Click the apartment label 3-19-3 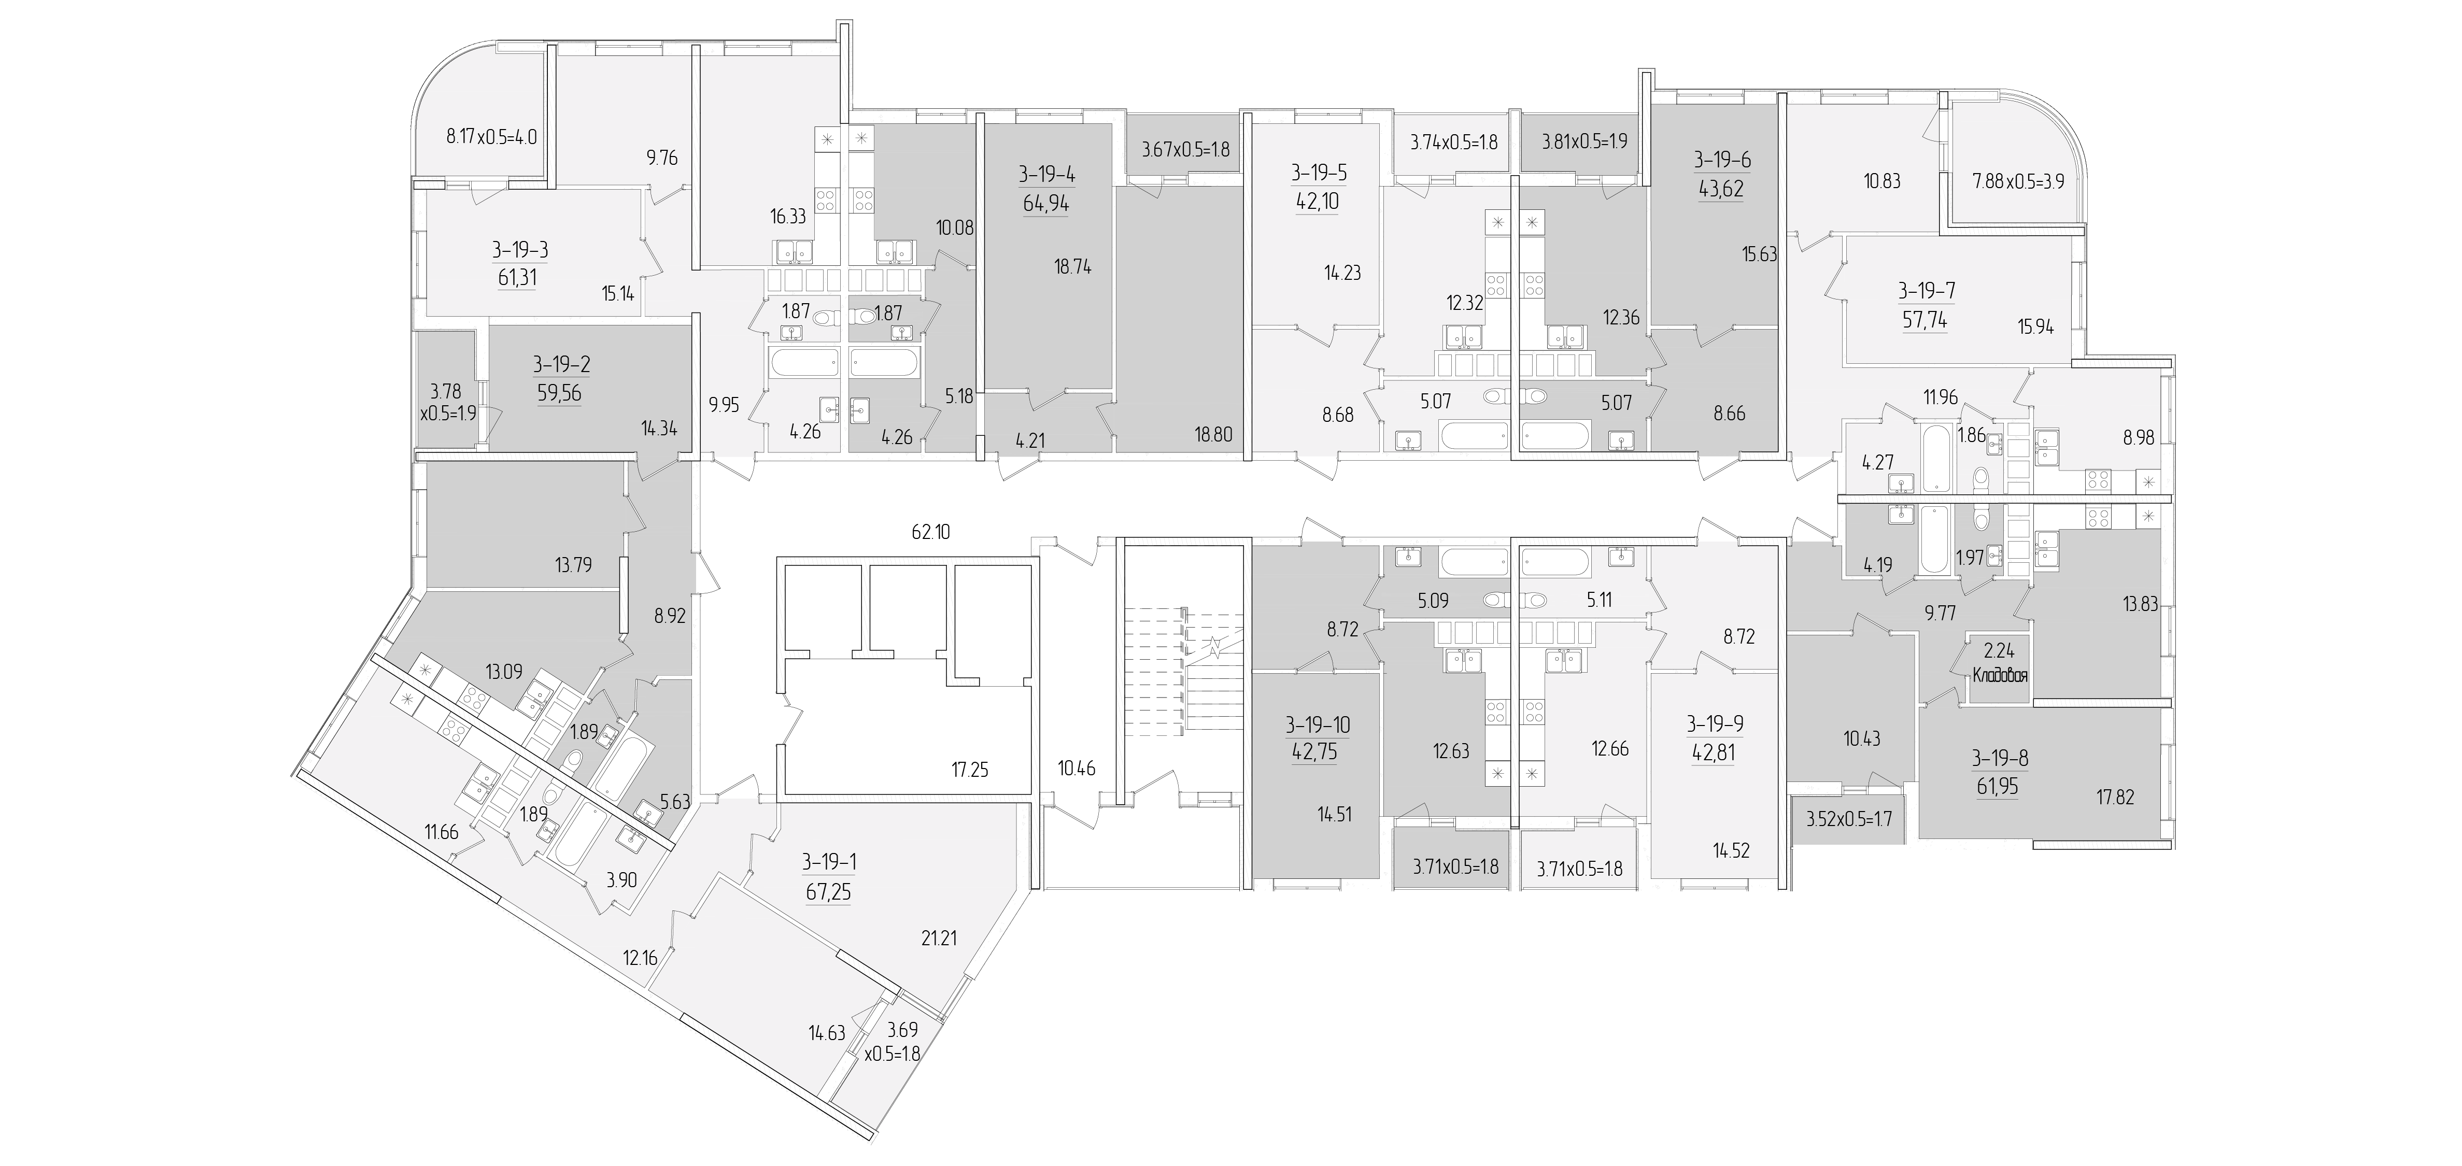[520, 250]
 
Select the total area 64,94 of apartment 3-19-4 [1045, 204]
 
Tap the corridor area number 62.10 [931, 532]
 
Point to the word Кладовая [2000, 674]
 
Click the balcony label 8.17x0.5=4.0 [492, 137]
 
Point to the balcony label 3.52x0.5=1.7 [1848, 819]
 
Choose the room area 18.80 [1214, 435]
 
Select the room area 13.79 [573, 565]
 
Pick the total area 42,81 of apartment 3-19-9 [1713, 752]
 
